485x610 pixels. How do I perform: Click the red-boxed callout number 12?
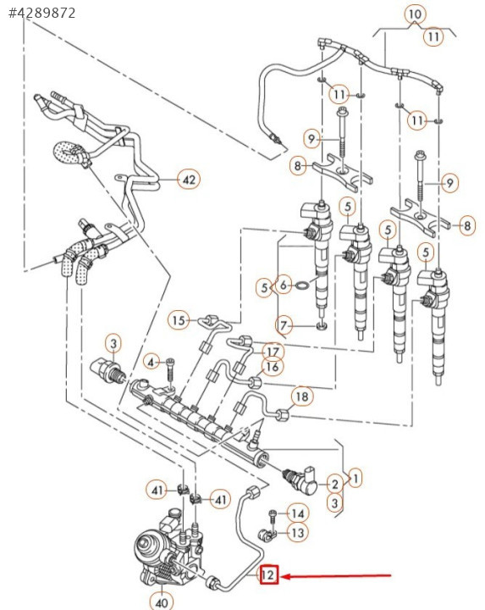268,575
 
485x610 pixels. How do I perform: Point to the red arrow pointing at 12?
336,576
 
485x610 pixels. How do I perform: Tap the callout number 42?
189,180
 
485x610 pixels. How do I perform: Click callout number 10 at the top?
415,14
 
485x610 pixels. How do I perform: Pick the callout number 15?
179,320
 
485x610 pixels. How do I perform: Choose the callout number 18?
302,396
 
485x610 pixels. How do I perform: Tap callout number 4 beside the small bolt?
152,363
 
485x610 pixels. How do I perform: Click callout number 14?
298,514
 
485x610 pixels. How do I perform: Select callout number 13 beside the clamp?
298,533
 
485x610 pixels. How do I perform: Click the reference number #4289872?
42,13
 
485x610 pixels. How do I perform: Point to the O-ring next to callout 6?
303,286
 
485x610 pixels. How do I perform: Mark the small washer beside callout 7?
322,325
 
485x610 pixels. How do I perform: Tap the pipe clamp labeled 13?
267,535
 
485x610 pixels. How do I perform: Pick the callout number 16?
273,367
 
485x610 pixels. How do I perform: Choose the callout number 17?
273,352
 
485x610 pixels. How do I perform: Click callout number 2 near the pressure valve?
334,485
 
